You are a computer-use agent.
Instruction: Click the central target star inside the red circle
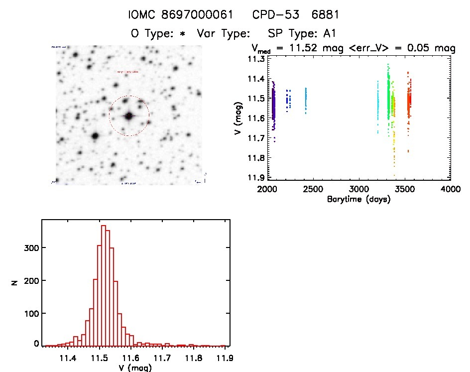tap(129, 116)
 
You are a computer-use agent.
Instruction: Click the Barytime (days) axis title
tap(359, 199)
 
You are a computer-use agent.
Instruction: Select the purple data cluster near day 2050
tap(273, 107)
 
